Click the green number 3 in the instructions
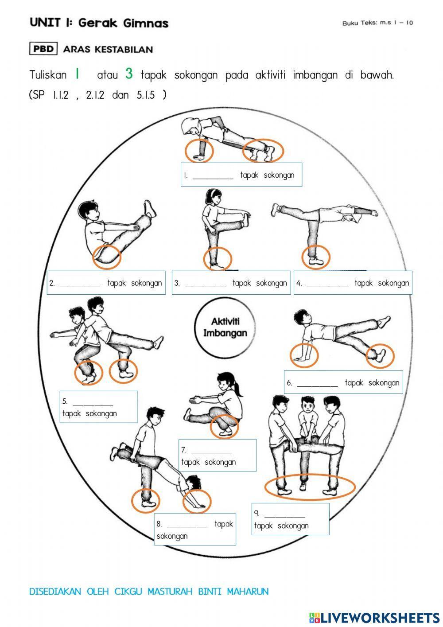129,74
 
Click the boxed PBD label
43,49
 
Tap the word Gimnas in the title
146,23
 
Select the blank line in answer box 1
213,178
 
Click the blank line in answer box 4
327,286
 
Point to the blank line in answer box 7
212,453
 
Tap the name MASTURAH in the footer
170,592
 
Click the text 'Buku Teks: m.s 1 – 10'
377,23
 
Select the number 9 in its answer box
256,513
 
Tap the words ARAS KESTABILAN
108,49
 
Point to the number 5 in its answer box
65,401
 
